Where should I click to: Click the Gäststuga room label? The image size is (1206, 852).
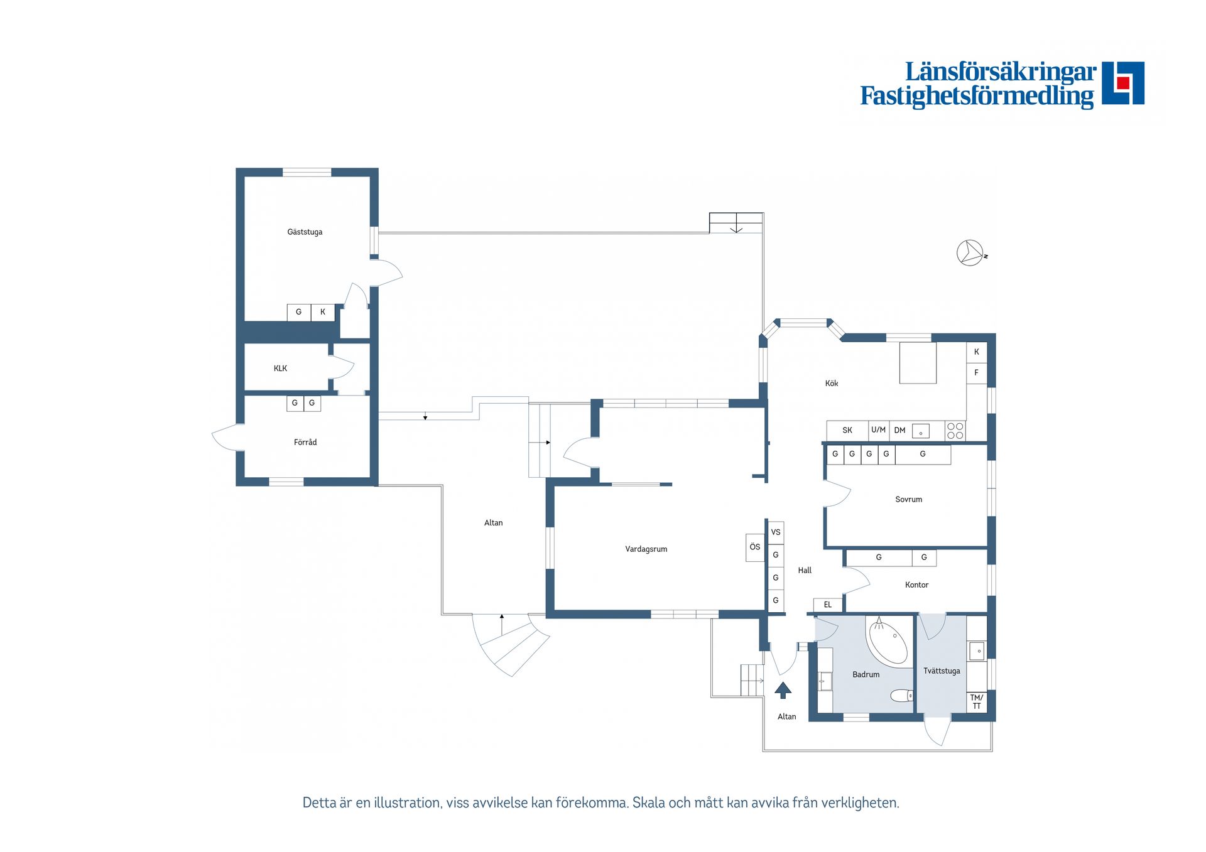(305, 232)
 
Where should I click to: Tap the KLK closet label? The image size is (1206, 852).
(280, 369)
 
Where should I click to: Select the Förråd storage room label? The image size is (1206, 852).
(305, 442)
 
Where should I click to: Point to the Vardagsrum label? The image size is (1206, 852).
(646, 549)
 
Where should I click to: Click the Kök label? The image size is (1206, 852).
(832, 383)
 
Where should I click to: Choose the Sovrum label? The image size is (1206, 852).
(908, 500)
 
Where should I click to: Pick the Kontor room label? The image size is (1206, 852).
(916, 585)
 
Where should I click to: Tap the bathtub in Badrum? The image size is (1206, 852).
(886, 640)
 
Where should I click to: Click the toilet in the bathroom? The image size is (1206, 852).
(901, 696)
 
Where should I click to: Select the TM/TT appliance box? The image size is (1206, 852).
(976, 702)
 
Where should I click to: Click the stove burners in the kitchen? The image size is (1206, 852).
(955, 431)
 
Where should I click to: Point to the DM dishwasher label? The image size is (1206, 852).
(899, 431)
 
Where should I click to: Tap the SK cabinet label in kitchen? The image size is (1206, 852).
(847, 431)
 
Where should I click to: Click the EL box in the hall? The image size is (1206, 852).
(828, 605)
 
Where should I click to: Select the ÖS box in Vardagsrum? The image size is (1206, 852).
(755, 547)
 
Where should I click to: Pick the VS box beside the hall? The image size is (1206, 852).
(776, 532)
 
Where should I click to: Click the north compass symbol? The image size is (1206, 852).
(971, 253)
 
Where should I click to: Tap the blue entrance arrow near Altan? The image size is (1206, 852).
(783, 691)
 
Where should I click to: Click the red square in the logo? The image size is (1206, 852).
(1123, 83)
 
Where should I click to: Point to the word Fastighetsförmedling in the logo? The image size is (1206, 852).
(977, 96)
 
